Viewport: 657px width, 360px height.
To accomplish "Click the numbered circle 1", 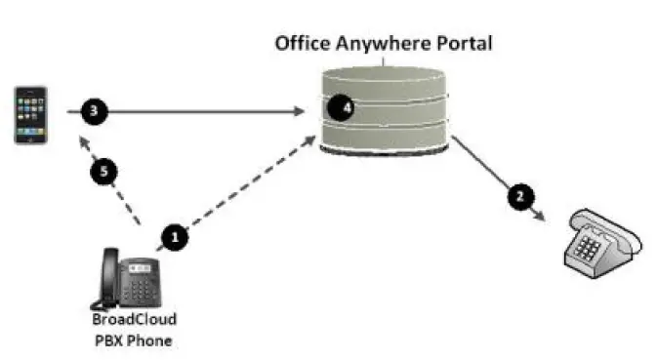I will pos(175,235).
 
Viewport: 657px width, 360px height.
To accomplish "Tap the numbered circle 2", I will pos(520,195).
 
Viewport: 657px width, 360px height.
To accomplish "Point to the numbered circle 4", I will pos(339,107).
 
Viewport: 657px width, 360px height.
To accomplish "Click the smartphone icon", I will pos(29,114).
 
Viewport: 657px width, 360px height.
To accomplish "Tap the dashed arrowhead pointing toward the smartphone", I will pos(85,143).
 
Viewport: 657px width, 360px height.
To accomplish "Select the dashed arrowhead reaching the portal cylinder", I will pos(311,141).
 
